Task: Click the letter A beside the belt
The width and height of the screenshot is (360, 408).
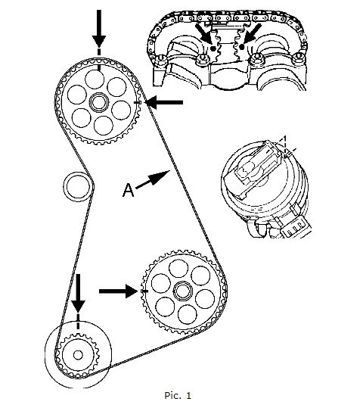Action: point(128,190)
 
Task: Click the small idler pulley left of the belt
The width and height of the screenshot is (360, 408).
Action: point(78,186)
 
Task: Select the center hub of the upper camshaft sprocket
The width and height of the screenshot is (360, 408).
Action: point(98,102)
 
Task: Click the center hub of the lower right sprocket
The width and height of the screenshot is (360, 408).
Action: point(182,291)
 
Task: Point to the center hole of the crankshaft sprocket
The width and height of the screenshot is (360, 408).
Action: point(78,355)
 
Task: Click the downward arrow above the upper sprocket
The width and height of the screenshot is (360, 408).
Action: point(99,29)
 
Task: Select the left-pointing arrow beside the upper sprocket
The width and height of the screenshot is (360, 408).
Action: point(164,102)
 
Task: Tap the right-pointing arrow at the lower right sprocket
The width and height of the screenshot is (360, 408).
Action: point(118,291)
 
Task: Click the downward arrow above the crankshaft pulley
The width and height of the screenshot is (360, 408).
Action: point(78,293)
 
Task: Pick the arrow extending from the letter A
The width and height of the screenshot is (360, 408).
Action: point(153,179)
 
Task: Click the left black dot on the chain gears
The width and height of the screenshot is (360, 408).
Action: point(213,48)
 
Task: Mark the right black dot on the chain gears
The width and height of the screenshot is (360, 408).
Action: point(242,47)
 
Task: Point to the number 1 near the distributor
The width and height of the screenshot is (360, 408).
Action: point(285,139)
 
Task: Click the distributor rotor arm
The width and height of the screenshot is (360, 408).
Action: point(252,169)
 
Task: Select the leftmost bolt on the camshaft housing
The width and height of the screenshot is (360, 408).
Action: point(162,58)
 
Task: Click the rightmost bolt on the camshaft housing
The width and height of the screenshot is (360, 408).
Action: point(299,58)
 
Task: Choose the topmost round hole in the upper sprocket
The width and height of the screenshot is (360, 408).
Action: point(95,79)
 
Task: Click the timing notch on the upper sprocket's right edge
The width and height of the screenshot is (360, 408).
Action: point(138,103)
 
